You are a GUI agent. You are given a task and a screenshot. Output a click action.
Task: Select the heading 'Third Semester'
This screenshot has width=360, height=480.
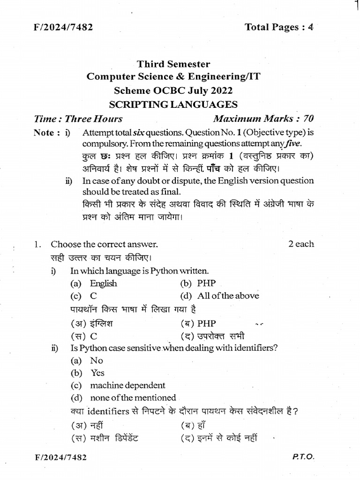click(x=173, y=64)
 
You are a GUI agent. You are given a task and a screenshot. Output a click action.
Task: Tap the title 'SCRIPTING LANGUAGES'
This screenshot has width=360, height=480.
click(x=173, y=104)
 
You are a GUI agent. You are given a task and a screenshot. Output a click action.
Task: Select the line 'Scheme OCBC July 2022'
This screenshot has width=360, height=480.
click(x=173, y=90)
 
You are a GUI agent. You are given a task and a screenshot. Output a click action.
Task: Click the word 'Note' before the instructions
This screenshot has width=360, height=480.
click(x=45, y=133)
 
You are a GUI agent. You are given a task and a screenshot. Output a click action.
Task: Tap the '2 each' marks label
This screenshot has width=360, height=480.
click(x=301, y=244)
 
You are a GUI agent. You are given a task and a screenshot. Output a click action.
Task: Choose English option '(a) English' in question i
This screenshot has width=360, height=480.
click(x=94, y=283)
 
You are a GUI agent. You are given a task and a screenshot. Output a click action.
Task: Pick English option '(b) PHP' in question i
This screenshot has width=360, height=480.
click(x=198, y=283)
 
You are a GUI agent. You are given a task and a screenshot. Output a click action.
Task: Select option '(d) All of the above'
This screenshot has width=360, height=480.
click(x=219, y=296)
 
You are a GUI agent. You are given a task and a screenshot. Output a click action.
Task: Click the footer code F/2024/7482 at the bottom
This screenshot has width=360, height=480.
click(x=60, y=456)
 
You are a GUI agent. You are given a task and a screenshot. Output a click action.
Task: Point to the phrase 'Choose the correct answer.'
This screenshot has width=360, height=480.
click(x=104, y=244)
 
